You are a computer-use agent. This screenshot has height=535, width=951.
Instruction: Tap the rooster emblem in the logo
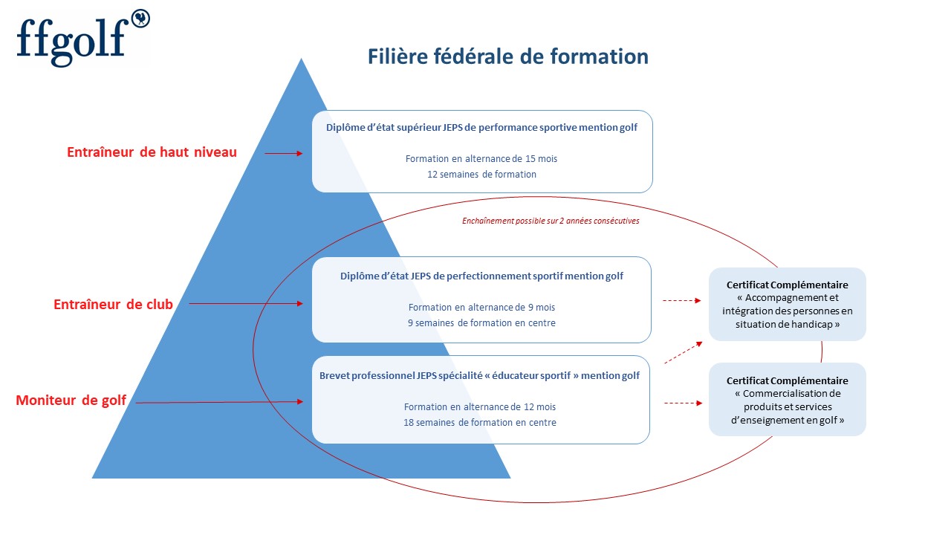click(x=140, y=19)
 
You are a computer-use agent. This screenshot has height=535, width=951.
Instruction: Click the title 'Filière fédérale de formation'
click(x=507, y=56)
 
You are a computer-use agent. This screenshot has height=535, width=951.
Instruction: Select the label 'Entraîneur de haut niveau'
click(x=152, y=152)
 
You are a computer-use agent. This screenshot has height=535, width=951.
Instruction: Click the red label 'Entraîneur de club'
click(x=113, y=304)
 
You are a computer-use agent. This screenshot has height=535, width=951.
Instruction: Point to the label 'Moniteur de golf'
click(x=71, y=400)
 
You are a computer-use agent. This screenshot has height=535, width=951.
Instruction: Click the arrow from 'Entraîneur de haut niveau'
click(x=284, y=153)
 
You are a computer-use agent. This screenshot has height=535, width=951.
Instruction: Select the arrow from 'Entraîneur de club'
click(x=246, y=304)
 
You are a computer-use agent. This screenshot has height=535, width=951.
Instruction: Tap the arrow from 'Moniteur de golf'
click(x=219, y=402)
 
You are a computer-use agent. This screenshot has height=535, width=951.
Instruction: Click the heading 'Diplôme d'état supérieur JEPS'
click(x=482, y=127)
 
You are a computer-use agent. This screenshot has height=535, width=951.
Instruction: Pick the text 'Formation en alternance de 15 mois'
click(x=481, y=159)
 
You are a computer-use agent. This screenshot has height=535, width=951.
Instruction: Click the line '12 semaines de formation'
click(x=481, y=174)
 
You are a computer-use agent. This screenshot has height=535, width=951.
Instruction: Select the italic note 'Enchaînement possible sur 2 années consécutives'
click(x=551, y=221)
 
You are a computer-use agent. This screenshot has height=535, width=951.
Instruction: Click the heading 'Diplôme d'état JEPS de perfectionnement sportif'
click(x=481, y=276)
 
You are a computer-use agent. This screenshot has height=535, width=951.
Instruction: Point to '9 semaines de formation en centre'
click(x=481, y=322)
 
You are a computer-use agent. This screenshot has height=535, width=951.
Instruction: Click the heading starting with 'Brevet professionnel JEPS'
click(x=479, y=376)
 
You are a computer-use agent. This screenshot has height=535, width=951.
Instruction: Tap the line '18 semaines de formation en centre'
click(x=480, y=423)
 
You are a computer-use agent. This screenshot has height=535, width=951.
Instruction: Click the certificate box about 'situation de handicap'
click(x=787, y=304)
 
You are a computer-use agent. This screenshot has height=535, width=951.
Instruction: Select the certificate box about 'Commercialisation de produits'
click(x=787, y=400)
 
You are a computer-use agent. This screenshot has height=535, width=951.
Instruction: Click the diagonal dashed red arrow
click(x=683, y=352)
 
